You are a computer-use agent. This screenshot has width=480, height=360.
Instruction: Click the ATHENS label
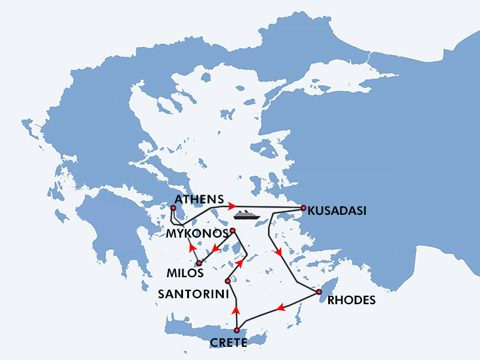click(198, 199)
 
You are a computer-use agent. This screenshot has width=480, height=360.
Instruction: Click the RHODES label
click(352, 301)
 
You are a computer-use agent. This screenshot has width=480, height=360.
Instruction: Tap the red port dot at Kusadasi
click(304, 208)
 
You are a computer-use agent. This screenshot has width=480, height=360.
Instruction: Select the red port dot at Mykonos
click(233, 230)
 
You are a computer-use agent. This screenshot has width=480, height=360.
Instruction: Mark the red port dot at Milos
click(199, 263)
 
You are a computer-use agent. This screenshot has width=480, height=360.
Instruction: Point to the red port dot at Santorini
click(228, 281)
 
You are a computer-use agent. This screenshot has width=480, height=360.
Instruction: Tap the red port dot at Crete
click(238, 330)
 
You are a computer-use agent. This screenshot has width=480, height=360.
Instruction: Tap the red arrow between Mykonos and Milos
click(212, 247)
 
